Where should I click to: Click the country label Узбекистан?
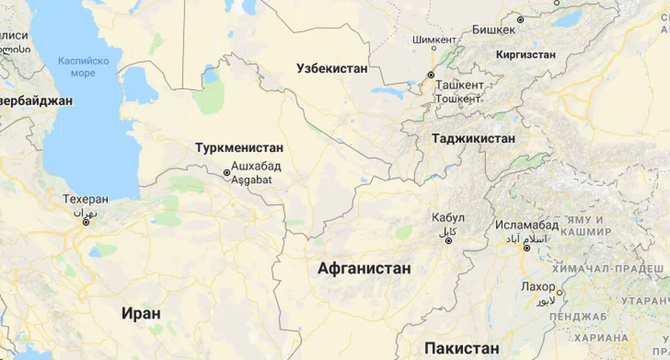[332, 68]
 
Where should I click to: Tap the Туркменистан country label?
[239, 148]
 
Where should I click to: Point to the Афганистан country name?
[364, 268]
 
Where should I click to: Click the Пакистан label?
[462, 348]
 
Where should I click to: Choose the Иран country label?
[141, 312]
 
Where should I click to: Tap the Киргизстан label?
[526, 54]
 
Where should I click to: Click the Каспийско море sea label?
[83, 66]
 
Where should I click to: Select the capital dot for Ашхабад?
[227, 173]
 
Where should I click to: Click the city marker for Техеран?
[86, 222]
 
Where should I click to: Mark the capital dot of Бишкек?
[520, 20]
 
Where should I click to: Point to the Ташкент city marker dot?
[431, 74]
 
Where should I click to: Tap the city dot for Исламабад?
[527, 248]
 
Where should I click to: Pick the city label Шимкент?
[434, 39]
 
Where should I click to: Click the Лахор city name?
[537, 286]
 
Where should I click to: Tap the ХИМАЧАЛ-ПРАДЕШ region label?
[623, 268]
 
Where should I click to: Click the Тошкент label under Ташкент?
[458, 98]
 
